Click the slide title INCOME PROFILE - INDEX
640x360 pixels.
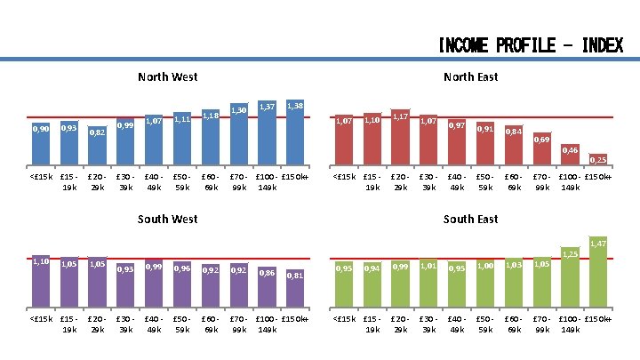(x=530, y=45)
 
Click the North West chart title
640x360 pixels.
(x=168, y=77)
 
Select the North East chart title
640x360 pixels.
(x=470, y=77)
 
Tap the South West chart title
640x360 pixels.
(x=168, y=219)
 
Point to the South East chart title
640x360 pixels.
(x=470, y=219)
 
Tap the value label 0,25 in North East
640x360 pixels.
(x=598, y=160)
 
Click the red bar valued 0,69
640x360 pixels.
(x=542, y=153)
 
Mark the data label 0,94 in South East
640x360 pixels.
(x=372, y=268)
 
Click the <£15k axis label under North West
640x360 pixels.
(x=41, y=177)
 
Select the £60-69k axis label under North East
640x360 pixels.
(x=513, y=182)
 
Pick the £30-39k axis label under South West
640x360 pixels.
(x=125, y=324)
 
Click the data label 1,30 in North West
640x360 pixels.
(x=239, y=110)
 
